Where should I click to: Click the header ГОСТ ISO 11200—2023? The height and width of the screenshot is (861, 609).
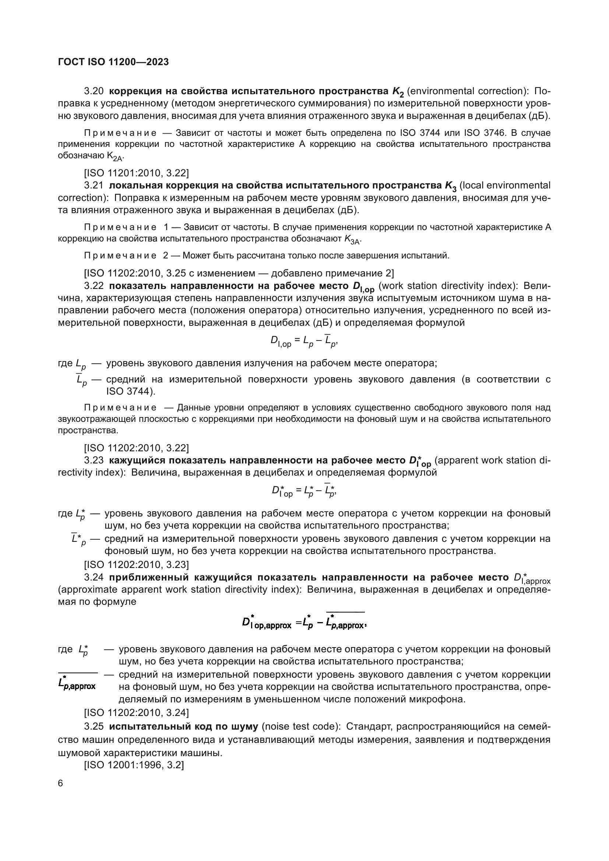tap(113, 62)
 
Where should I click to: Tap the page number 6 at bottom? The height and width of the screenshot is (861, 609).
tap(61, 783)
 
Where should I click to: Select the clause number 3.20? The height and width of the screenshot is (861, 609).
tap(94, 91)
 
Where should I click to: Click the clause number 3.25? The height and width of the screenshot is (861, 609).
tap(94, 726)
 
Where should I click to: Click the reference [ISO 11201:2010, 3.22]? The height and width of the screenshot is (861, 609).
tap(136, 173)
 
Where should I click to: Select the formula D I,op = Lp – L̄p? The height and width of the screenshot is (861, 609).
tap(304, 341)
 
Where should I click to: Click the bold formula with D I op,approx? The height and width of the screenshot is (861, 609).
tap(304, 624)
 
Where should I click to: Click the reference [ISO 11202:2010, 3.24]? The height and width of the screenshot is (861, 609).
tap(136, 712)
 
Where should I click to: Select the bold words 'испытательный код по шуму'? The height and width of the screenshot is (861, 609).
tap(183, 726)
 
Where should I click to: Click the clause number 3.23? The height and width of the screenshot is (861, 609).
tap(94, 460)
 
